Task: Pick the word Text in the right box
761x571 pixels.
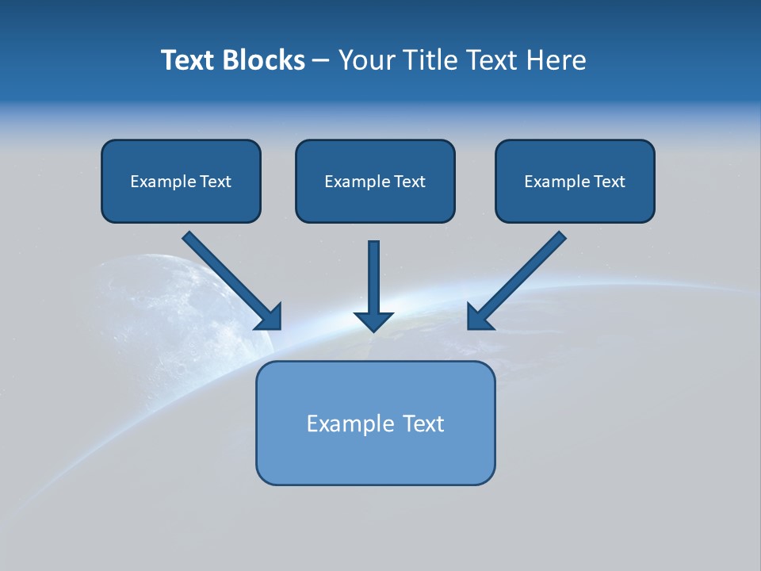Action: click(610, 182)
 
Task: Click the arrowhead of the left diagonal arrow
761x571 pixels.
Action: click(270, 317)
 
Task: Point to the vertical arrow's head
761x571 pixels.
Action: click(373, 320)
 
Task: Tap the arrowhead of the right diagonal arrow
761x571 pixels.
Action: click(479, 317)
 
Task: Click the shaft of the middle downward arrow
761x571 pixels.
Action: click(373, 274)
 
